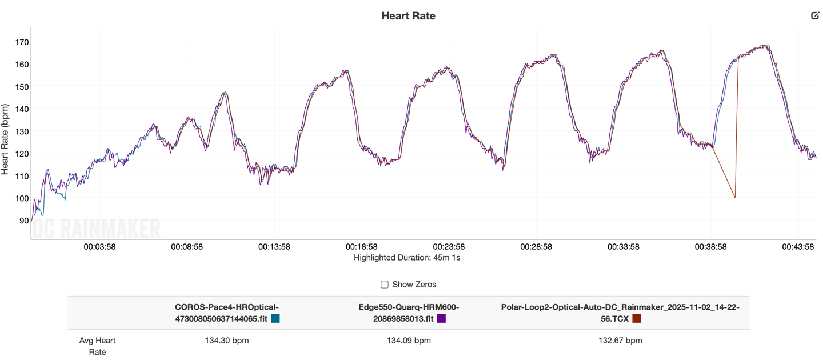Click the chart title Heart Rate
[x=408, y=16]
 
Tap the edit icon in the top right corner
[x=815, y=15]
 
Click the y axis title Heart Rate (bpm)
[x=6, y=139]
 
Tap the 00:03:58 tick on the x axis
[x=100, y=247]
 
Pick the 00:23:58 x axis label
[x=449, y=247]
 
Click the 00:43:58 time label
[x=797, y=247]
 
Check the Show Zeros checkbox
[x=385, y=285]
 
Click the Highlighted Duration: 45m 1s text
[x=407, y=258]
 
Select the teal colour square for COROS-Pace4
[x=275, y=318]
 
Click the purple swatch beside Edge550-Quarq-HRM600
[x=441, y=318]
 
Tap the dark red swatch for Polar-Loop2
[x=637, y=318]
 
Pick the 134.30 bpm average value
[x=227, y=341]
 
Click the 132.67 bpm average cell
[x=620, y=341]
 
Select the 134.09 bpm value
[x=409, y=341]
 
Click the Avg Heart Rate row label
[x=97, y=346]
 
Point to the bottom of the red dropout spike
[x=735, y=198]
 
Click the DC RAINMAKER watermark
[x=96, y=230]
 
